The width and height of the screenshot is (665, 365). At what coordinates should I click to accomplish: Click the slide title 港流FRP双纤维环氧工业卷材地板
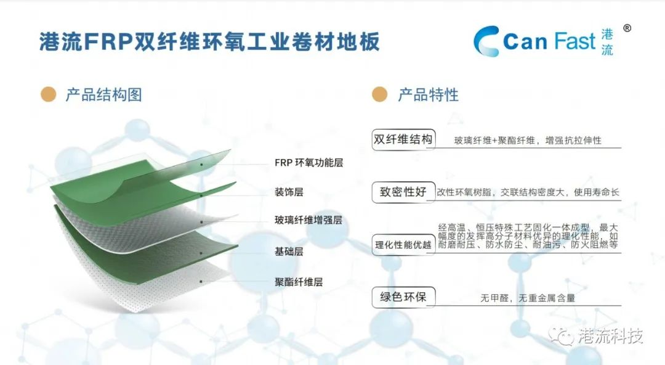(209, 42)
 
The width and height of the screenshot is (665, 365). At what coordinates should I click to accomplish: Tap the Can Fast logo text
(549, 42)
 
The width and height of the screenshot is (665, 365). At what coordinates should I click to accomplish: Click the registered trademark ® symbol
(627, 28)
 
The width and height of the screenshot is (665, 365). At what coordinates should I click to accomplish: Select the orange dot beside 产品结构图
(49, 94)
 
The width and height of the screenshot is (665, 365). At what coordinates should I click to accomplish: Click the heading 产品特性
(429, 95)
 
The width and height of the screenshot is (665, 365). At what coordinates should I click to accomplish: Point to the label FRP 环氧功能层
(308, 163)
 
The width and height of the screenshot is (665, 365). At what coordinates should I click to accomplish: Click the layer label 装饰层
(289, 192)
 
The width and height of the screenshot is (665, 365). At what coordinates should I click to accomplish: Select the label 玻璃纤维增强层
(308, 220)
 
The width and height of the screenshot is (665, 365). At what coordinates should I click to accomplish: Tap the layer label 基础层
(289, 252)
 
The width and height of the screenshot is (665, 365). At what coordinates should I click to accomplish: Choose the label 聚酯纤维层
(299, 282)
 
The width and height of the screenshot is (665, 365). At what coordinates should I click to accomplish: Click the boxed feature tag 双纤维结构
(403, 139)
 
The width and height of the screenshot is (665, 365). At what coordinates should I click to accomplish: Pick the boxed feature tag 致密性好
(403, 192)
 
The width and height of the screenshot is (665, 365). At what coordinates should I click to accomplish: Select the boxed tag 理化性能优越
(403, 245)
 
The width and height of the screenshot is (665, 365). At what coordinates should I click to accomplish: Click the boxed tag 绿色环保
(403, 297)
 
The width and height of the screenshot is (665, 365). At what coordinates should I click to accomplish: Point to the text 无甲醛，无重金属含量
(528, 298)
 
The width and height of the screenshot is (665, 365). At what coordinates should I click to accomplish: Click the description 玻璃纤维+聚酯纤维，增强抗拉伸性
(528, 140)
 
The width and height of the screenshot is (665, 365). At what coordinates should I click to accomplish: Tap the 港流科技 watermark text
(611, 336)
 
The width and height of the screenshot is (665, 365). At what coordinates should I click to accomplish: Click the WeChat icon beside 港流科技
(562, 336)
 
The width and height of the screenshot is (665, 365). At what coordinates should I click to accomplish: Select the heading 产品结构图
(104, 95)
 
